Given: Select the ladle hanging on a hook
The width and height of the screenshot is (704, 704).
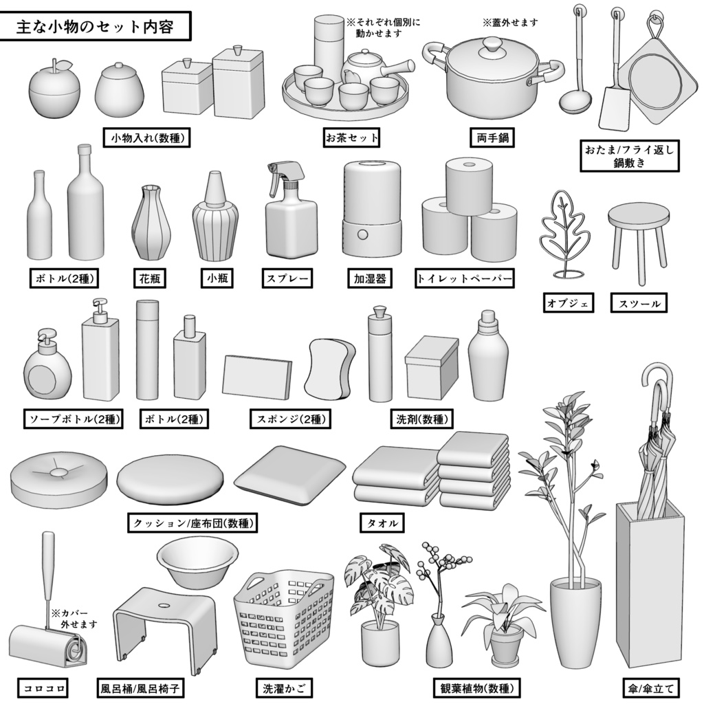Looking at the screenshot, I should click(576, 96).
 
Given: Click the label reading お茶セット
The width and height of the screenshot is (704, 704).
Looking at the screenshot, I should click(352, 138).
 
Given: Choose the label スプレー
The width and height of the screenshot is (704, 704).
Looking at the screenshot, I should click(287, 279).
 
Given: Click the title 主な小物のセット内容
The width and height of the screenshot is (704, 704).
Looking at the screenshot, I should click(95, 27).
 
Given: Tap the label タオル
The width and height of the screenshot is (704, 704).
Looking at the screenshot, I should click(381, 524).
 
